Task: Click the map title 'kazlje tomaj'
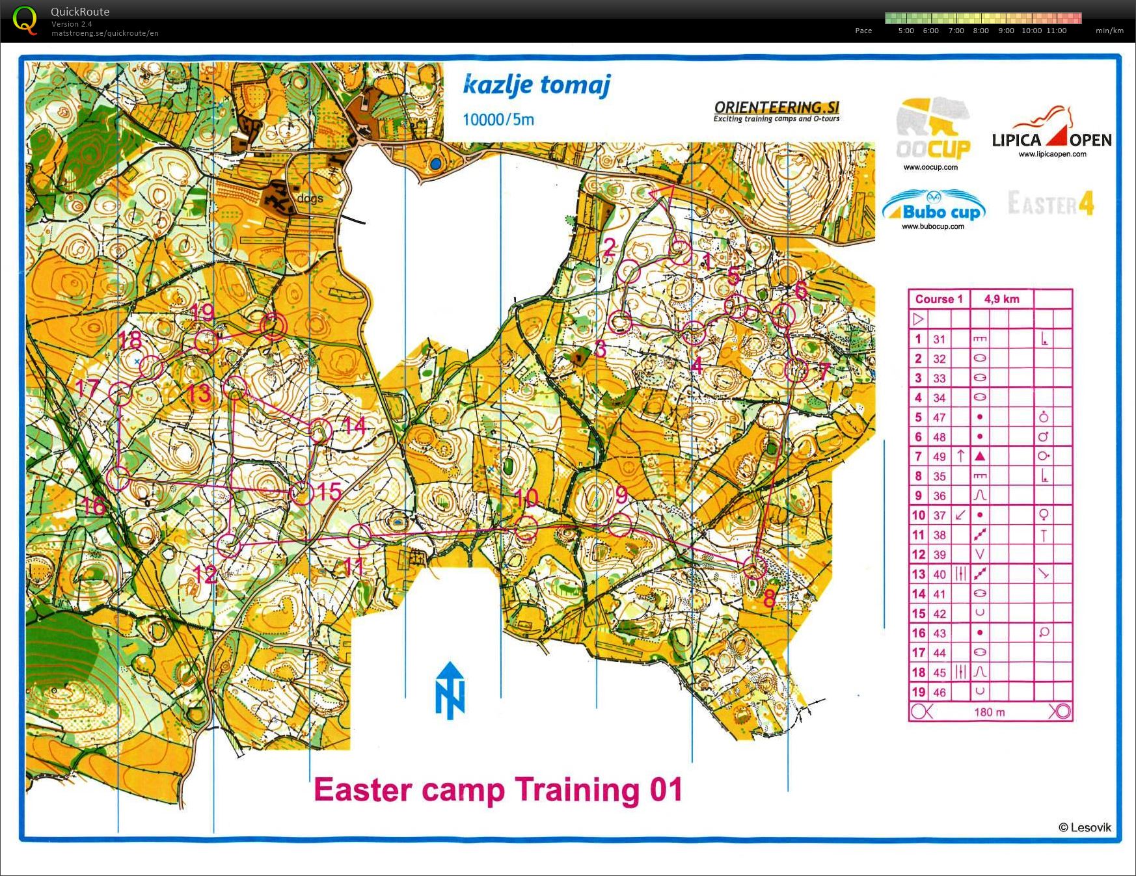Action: pos(537,85)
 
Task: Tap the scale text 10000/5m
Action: pos(498,120)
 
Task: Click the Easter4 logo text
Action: pos(1051,204)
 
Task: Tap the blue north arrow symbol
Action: pos(450,690)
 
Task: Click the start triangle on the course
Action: pos(662,194)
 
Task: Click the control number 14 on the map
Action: pos(355,426)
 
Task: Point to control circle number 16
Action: pos(119,479)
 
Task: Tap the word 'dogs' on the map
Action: pos(309,198)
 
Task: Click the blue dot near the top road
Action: pos(435,164)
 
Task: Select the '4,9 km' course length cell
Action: pos(1001,299)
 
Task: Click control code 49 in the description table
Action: pos(939,457)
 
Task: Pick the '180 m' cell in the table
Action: pos(990,712)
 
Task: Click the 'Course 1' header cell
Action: pos(938,299)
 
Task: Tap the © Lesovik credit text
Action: pos(1084,827)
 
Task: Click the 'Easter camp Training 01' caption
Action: pos(498,790)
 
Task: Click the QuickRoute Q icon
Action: pos(25,20)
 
